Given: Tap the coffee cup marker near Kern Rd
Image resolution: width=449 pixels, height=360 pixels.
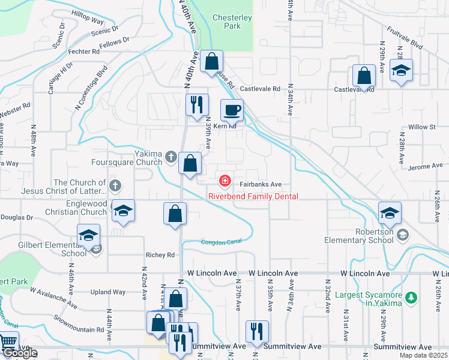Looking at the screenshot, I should (x=232, y=110).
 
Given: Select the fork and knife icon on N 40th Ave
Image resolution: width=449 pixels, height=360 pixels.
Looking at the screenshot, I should (x=197, y=105).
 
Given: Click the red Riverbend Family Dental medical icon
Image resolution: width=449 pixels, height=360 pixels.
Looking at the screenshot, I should (x=225, y=180).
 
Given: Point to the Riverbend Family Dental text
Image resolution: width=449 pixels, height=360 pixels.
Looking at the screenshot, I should (x=253, y=196).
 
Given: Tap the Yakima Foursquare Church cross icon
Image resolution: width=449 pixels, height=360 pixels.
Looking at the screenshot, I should (x=171, y=157).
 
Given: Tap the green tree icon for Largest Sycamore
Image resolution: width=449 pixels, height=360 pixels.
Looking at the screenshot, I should (x=411, y=297).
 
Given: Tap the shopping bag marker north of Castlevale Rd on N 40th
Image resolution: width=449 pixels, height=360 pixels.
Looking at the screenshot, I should (x=211, y=62).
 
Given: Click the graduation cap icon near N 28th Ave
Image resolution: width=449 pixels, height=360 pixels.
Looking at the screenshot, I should (x=401, y=71).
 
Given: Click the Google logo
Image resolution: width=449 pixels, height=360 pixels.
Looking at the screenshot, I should (x=20, y=353).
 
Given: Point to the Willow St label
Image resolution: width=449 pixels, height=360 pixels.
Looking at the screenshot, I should (x=421, y=127).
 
